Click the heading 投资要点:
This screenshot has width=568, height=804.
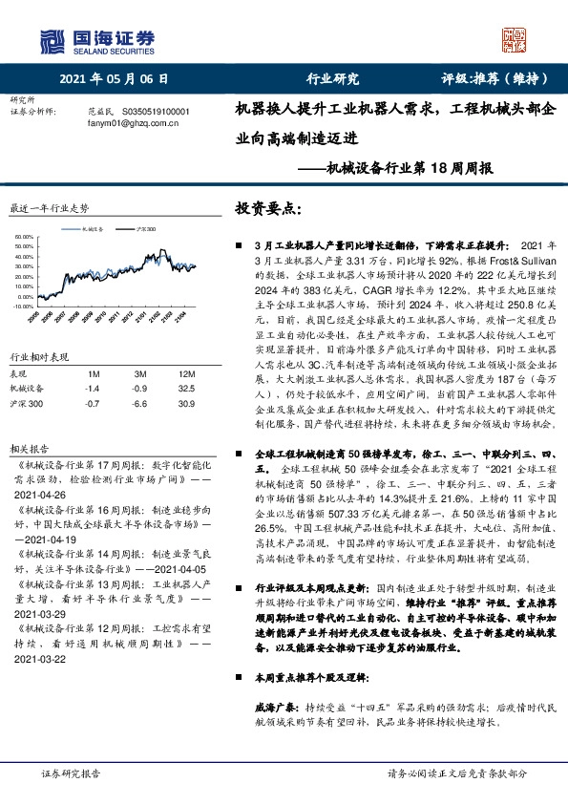click(270, 208)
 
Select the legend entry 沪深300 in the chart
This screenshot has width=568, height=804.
click(145, 229)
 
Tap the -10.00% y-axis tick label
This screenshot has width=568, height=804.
click(22, 307)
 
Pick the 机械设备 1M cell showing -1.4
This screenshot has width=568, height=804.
click(92, 389)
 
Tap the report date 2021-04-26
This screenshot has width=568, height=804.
click(40, 497)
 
